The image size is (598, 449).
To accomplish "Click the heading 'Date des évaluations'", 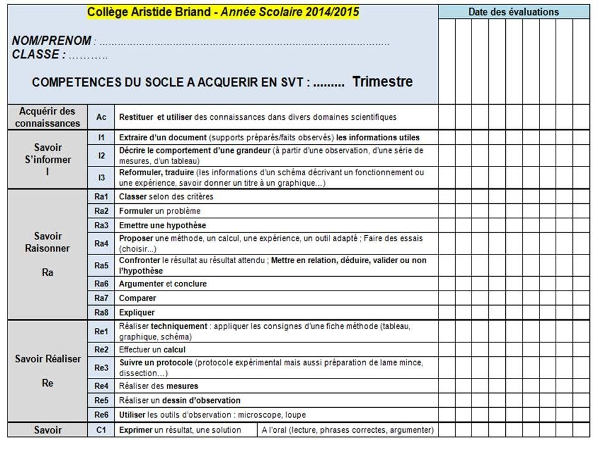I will [513, 12].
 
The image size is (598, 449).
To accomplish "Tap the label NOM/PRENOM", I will [52, 41].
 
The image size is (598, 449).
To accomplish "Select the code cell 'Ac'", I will [101, 117].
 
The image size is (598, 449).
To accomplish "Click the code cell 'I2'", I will [101, 155].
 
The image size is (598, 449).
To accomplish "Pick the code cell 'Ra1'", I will [101, 196].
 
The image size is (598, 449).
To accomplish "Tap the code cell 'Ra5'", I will [101, 266].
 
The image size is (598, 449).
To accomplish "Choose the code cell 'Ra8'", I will [101, 312].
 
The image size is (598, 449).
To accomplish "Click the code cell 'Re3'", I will [101, 368].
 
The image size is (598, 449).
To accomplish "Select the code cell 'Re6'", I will [101, 415].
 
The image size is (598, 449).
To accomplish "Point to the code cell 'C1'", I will [101, 430].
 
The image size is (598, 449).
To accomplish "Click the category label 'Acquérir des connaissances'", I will [47, 117].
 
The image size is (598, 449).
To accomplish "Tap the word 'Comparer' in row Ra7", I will [137, 298].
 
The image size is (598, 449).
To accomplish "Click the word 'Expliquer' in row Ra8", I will [137, 312].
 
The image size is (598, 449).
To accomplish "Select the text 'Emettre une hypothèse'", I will [163, 225].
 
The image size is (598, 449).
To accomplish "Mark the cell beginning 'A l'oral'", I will [348, 430].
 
